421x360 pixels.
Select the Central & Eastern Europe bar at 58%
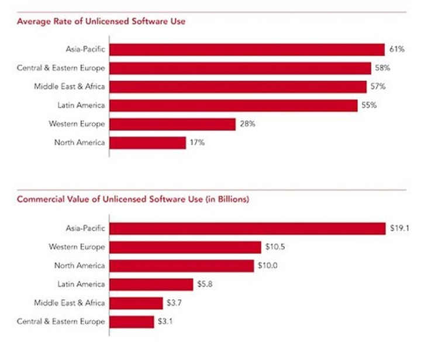pos(240,68)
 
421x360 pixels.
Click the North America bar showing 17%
pos(147,143)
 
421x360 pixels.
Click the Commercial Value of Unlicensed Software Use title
pos(133,199)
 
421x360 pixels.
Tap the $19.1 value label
pos(398,228)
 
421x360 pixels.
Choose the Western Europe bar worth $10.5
pos(185,247)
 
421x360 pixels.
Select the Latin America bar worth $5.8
pos(151,284)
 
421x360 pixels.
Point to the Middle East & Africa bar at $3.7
pos(136,303)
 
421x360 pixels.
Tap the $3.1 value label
pos(164,322)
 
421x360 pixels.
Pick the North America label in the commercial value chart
pos(80,266)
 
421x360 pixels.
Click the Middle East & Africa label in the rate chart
pos(69,87)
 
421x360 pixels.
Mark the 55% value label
pos(369,105)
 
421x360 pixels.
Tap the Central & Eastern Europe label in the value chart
pos(61,322)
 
